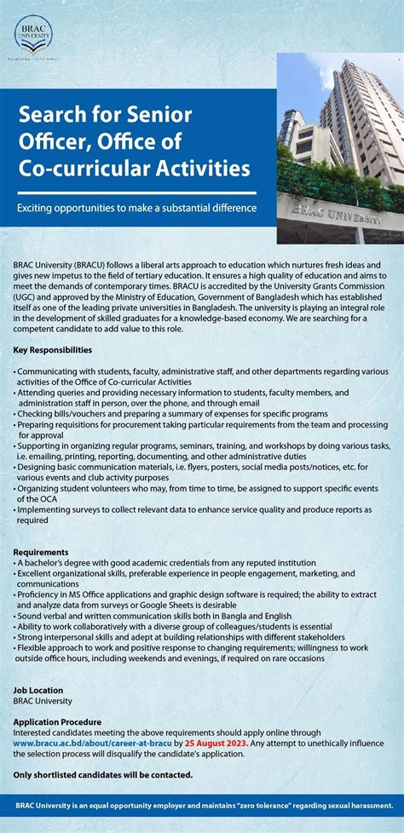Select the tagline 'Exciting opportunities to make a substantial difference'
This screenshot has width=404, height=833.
(x=137, y=208)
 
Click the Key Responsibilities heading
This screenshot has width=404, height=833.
(x=53, y=350)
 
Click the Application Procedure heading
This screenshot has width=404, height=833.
(x=57, y=721)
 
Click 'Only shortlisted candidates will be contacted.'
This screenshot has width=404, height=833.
(x=103, y=774)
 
